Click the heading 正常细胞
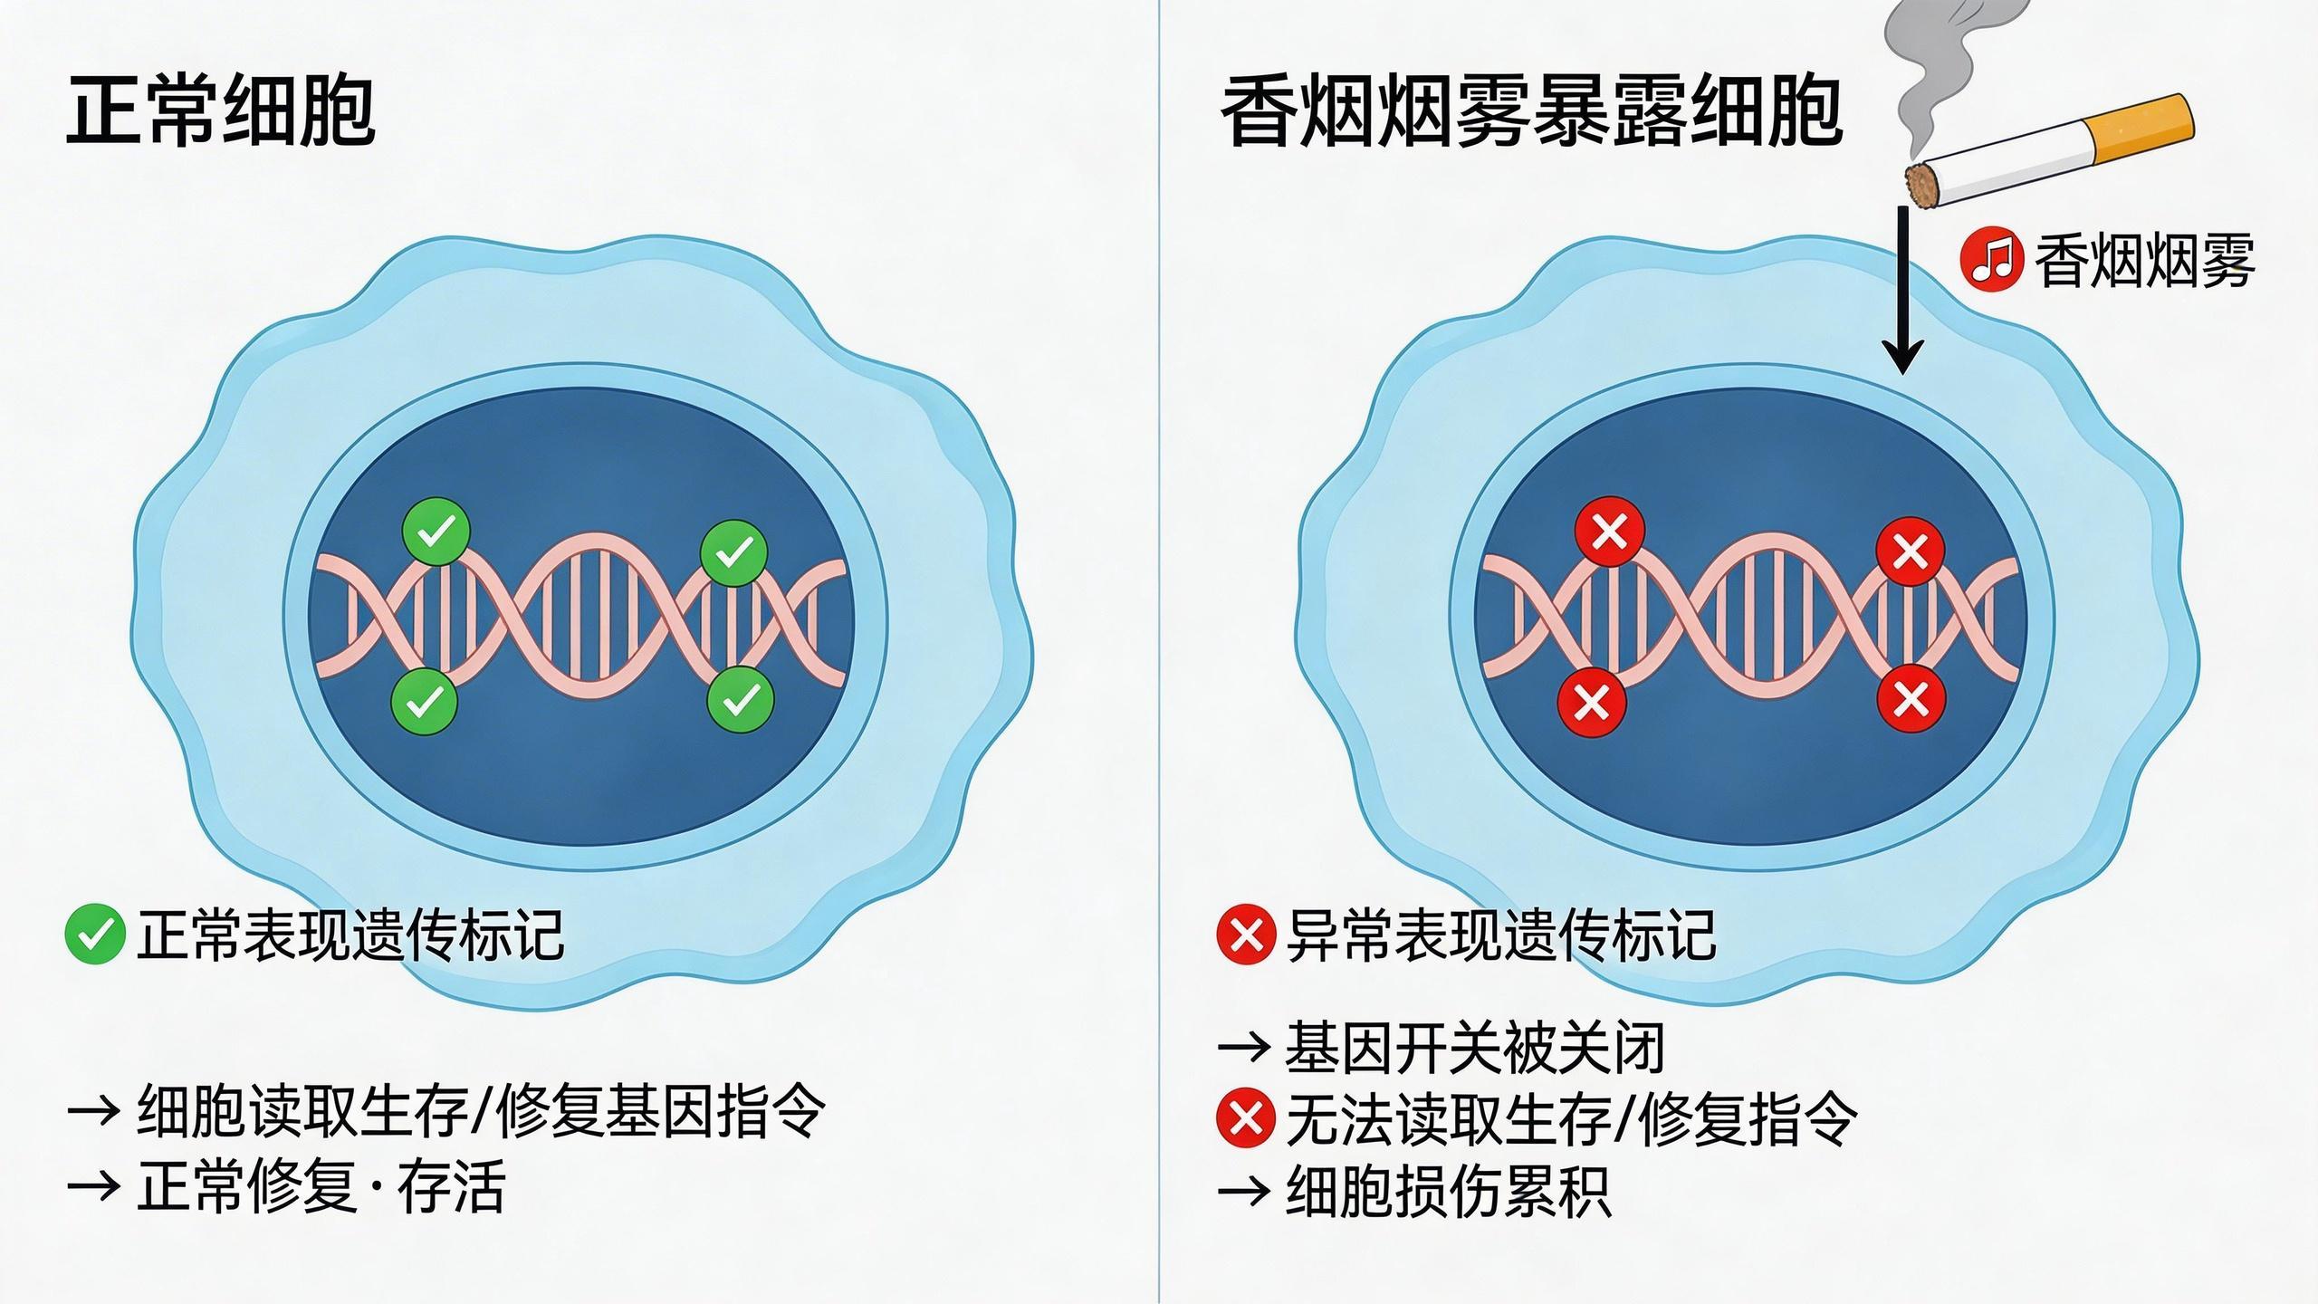coord(221,111)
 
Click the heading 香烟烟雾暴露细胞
coord(1531,111)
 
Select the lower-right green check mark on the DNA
coord(741,698)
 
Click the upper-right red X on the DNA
coord(1910,551)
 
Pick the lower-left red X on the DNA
coord(1591,700)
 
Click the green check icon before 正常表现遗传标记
coord(94,935)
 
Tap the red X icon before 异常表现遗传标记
coord(1246,935)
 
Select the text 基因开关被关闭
coord(1475,1048)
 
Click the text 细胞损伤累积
coord(1448,1190)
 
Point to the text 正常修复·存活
coord(321,1186)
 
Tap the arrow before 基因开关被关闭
coord(1245,1048)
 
